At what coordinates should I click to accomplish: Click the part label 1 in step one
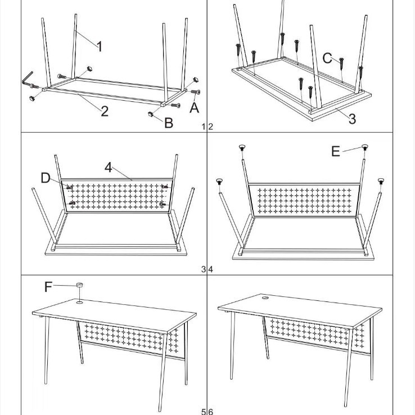(99, 46)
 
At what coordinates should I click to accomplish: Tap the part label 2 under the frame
(104, 110)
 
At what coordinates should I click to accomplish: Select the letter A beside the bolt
(194, 107)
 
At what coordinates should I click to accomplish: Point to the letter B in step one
(168, 122)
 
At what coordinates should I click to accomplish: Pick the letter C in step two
(328, 58)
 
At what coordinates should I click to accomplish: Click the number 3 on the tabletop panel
(352, 118)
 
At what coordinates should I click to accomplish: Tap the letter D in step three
(46, 178)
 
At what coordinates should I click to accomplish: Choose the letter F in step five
(48, 287)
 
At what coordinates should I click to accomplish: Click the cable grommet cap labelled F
(79, 286)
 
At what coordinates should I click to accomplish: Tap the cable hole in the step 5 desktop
(79, 303)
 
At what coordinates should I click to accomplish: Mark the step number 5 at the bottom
(204, 412)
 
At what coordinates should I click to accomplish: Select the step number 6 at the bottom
(211, 412)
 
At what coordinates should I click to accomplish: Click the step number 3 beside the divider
(204, 269)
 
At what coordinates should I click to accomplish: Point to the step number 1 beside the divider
(204, 127)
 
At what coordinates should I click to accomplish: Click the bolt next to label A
(195, 92)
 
